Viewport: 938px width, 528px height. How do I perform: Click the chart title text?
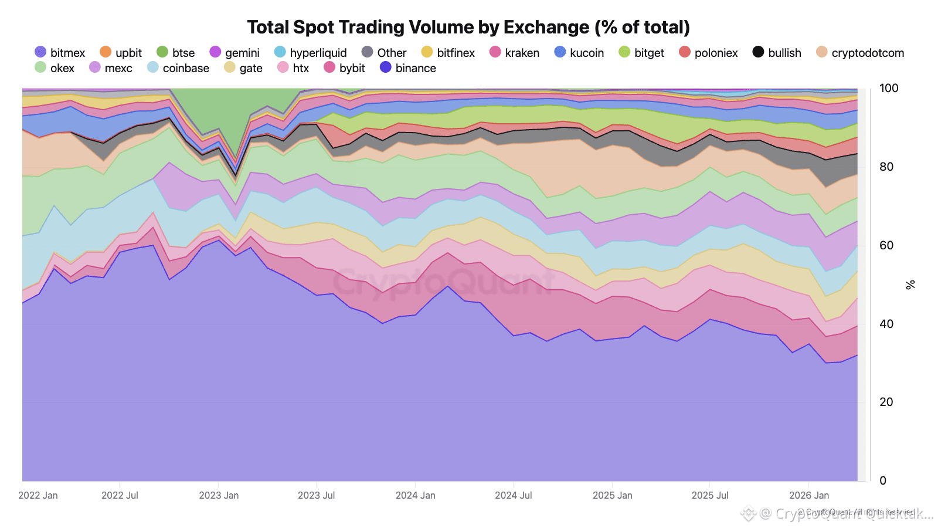468,27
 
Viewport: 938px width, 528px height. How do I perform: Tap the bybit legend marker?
329,67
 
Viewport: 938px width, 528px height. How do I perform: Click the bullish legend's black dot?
758,52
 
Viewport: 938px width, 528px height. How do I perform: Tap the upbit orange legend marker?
106,52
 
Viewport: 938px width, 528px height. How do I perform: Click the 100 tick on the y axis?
888,89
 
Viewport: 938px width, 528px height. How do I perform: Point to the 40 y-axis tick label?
886,324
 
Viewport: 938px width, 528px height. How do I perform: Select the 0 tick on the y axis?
882,480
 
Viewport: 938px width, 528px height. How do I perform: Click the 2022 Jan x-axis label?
38,495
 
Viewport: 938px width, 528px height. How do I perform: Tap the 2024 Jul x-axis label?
514,495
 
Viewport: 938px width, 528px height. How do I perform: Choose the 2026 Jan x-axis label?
809,495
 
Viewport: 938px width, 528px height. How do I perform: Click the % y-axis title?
910,285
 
